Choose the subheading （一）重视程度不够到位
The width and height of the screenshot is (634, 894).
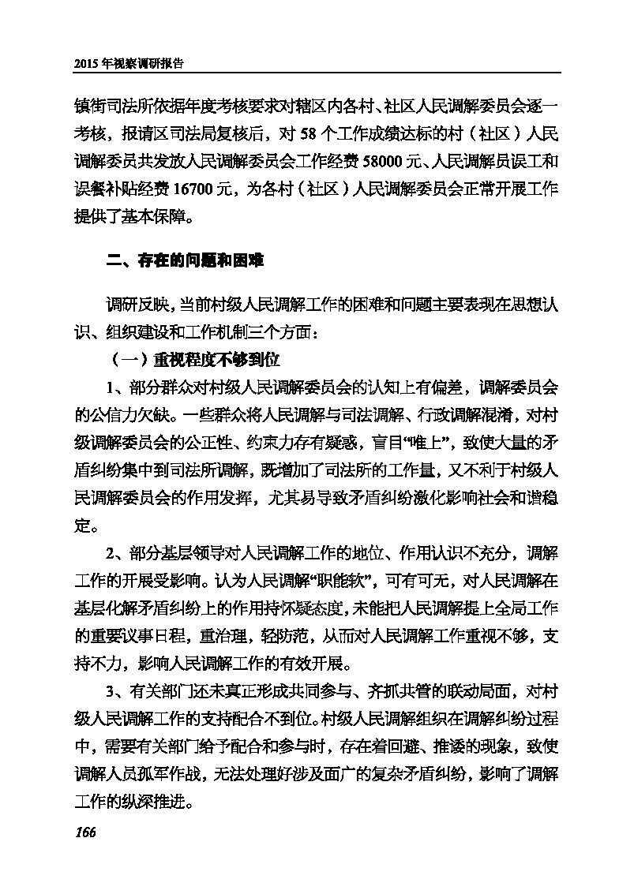(194, 360)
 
